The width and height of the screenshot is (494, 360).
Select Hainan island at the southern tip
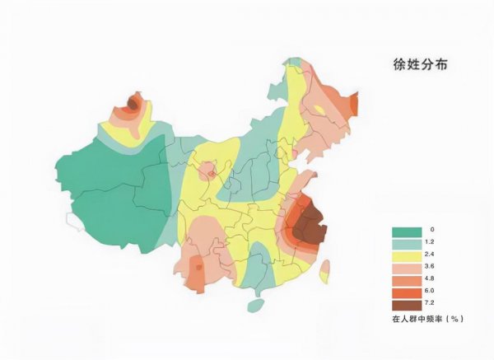256,306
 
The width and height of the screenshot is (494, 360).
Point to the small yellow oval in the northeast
318,110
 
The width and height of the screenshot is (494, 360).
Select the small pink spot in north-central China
211,172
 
